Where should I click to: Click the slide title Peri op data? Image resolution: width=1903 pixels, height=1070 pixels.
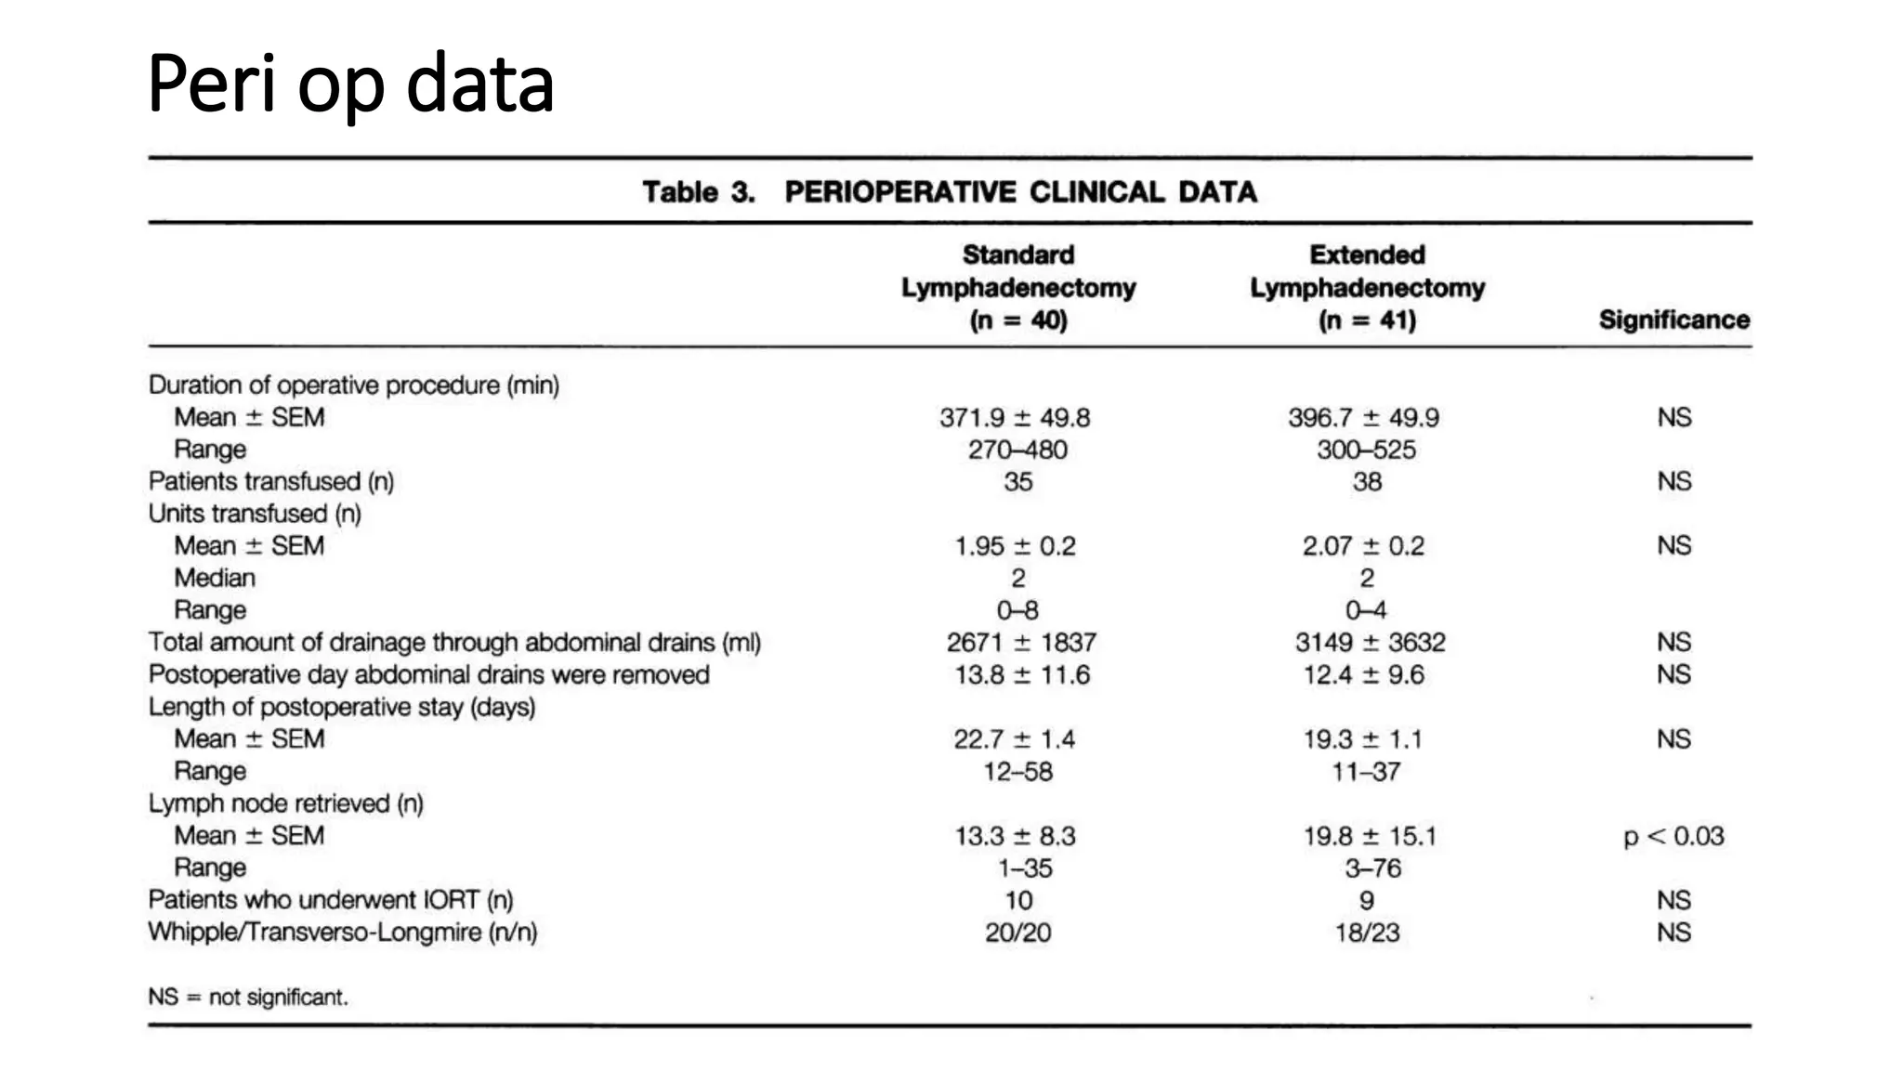coord(350,85)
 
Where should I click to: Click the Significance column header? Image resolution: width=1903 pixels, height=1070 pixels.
coord(1673,320)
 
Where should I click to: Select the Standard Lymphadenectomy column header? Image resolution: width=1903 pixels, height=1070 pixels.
coord(1018,287)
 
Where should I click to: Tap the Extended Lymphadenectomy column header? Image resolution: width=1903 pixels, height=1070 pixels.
coord(1367,287)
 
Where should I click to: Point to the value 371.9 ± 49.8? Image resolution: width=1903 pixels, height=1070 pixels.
coord(1015,418)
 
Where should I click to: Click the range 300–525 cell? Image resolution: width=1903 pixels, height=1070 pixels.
coord(1366,450)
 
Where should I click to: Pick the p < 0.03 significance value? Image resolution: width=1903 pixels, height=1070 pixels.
coord(1673,836)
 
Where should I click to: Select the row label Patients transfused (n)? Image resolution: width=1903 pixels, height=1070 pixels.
coord(271,481)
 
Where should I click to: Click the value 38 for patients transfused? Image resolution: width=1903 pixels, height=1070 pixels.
coord(1367,481)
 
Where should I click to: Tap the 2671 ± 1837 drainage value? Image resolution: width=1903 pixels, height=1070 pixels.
coord(1021,642)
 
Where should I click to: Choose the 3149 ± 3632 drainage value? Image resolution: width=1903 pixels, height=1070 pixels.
coord(1370,642)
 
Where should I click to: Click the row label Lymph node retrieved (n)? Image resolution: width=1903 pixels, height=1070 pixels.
coord(286,803)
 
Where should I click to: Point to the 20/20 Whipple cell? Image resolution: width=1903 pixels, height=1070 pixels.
coord(1018,933)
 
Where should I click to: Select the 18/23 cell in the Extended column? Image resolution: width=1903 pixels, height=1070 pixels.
coord(1367,933)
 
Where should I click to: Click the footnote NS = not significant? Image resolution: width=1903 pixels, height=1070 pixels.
coord(248,998)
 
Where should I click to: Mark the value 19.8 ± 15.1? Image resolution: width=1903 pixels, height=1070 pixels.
coord(1370,836)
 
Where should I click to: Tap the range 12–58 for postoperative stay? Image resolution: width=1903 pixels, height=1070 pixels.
coord(1018,771)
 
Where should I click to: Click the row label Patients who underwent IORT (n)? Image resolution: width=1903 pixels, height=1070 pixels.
coord(331,900)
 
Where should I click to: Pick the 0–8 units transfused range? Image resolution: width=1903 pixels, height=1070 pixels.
coord(1018,610)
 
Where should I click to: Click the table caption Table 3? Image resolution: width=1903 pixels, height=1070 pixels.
coord(698,192)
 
